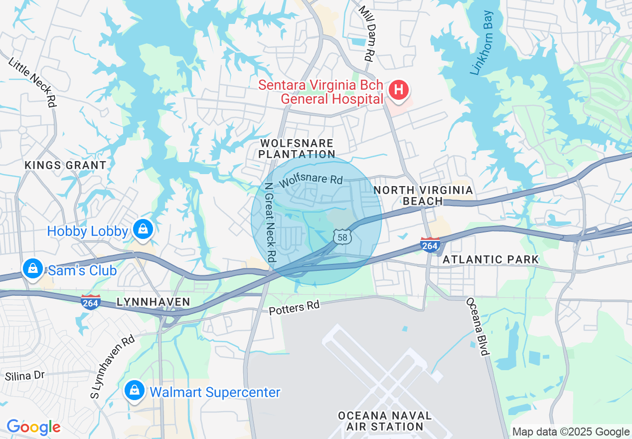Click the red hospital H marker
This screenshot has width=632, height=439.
[x=399, y=90]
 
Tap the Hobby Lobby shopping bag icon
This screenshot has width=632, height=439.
[x=143, y=229]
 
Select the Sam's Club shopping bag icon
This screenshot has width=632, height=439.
[x=33, y=269]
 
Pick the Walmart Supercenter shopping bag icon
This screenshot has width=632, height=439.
[x=135, y=390]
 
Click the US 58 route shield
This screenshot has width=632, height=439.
[x=342, y=237]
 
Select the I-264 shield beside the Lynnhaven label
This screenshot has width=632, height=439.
[x=91, y=301]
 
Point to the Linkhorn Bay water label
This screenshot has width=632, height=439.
[x=482, y=43]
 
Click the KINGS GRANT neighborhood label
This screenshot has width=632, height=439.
[x=65, y=165]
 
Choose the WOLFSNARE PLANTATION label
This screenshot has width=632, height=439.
[x=297, y=149]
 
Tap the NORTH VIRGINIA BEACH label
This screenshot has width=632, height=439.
[x=423, y=196]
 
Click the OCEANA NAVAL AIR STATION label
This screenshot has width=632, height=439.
[x=384, y=421]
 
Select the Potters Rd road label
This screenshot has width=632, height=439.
[x=294, y=308]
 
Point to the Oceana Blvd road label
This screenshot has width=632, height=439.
[x=477, y=327]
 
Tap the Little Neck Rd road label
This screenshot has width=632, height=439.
[x=32, y=82]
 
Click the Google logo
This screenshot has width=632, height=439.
[x=33, y=427]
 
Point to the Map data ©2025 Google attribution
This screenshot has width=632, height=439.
[x=571, y=432]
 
